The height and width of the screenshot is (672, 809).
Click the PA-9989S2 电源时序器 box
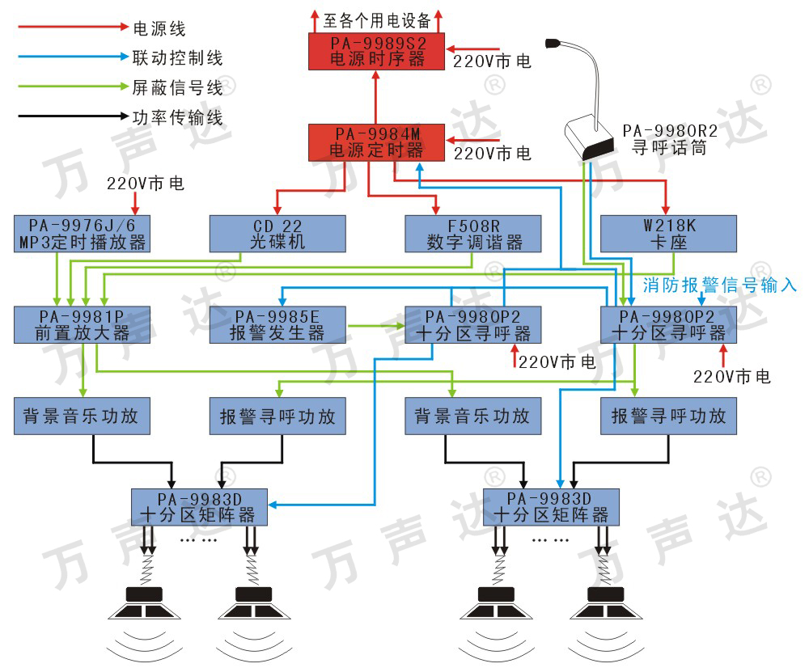376,51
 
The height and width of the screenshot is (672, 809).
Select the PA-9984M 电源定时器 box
376,142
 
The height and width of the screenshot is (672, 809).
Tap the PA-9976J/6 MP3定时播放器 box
82,234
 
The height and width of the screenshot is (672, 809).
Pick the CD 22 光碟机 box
277,234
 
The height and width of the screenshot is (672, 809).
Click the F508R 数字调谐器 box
473,234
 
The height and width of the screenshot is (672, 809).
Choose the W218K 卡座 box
669,234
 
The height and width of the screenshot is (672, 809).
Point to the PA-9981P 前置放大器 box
82,325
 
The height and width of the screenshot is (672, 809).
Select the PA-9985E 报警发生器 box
277,325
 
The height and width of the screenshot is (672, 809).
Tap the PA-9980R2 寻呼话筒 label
670,139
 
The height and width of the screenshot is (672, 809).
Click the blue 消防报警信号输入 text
719,285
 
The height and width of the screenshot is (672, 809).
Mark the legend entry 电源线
159,28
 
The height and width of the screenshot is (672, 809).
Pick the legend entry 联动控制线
177,57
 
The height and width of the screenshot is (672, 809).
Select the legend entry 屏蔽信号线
177,87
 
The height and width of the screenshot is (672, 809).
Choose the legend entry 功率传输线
177,117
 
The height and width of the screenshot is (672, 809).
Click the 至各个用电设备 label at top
377,21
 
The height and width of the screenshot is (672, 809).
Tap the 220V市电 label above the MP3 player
146,183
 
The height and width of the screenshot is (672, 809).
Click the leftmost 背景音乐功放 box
82,416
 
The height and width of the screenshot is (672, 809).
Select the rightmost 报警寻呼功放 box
669,416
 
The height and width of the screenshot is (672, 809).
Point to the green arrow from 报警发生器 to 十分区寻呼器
376,325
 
